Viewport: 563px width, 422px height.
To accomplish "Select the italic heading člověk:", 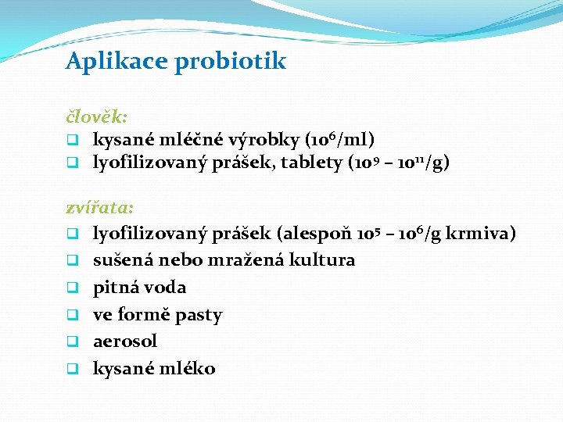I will click(x=96, y=116).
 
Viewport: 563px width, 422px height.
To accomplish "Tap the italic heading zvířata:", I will click(x=99, y=208).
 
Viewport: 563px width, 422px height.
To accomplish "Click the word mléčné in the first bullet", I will click(x=195, y=140).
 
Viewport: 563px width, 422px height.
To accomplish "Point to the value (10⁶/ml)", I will click(x=340, y=140).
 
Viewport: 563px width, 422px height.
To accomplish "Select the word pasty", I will click(x=199, y=315).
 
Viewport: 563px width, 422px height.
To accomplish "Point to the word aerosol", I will click(x=125, y=341).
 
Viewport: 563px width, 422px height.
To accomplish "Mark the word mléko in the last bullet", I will click(x=187, y=368).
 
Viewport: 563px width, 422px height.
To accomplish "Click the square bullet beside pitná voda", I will click(x=70, y=288).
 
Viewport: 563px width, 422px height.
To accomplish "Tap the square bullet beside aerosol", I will click(x=70, y=342).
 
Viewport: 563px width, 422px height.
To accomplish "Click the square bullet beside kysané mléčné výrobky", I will click(x=70, y=141).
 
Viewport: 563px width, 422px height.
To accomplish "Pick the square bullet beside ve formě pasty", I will click(x=70, y=316).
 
